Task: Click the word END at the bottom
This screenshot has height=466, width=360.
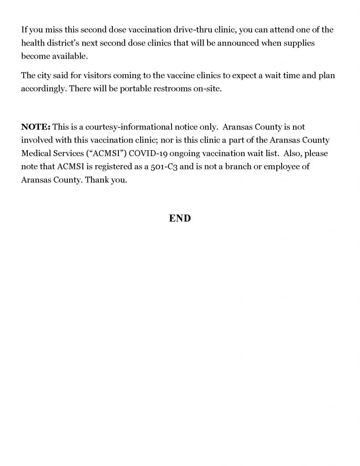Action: [x=180, y=218]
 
